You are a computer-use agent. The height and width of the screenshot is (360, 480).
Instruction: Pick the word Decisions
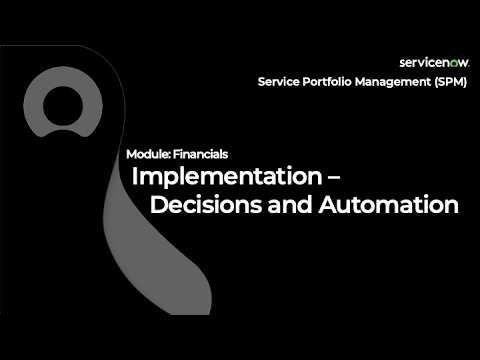(x=206, y=206)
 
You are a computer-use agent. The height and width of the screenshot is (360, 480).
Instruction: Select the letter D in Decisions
(x=157, y=206)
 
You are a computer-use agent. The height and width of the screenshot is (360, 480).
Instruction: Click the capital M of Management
(x=370, y=82)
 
